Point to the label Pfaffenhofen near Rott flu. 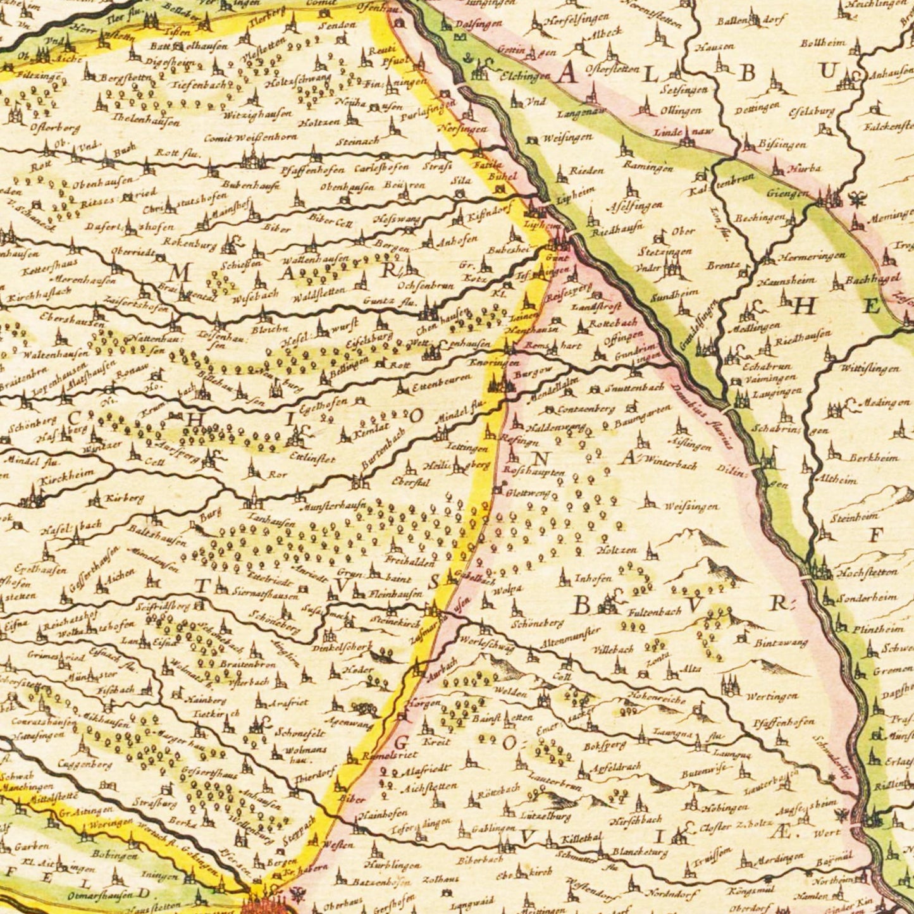pyautogui.click(x=314, y=169)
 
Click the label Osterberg pyautogui.click(x=55, y=128)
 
